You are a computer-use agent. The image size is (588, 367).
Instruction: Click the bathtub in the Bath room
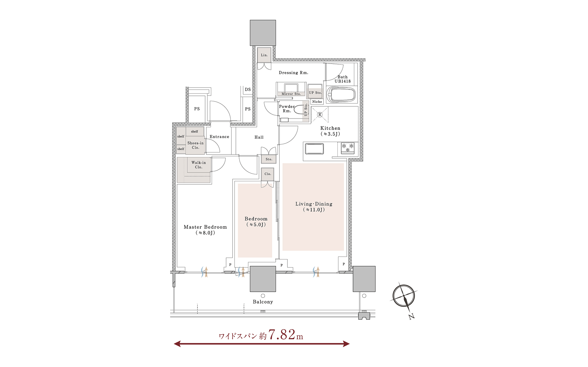341,95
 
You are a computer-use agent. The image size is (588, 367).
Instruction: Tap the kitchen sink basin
314,149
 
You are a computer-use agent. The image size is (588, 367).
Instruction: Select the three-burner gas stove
348,148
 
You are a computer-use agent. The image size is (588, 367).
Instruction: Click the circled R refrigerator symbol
320,115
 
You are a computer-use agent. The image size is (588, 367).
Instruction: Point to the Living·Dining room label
314,207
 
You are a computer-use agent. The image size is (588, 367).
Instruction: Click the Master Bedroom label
205,230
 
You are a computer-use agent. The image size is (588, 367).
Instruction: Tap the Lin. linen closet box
264,55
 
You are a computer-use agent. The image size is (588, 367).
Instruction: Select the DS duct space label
248,90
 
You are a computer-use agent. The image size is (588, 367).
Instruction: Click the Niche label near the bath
317,102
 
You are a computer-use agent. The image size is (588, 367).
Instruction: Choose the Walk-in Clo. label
199,165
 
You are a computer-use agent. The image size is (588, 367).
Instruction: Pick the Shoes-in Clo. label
196,145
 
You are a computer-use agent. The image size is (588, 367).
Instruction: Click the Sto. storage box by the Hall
269,159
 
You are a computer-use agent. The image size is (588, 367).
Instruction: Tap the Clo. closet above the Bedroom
268,174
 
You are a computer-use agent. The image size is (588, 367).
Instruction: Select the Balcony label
263,302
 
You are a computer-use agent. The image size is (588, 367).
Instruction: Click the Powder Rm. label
287,109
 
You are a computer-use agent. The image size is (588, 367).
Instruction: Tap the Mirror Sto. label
291,94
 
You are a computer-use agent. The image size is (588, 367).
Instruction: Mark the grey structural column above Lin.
263,33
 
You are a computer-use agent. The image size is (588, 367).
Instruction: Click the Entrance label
219,137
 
